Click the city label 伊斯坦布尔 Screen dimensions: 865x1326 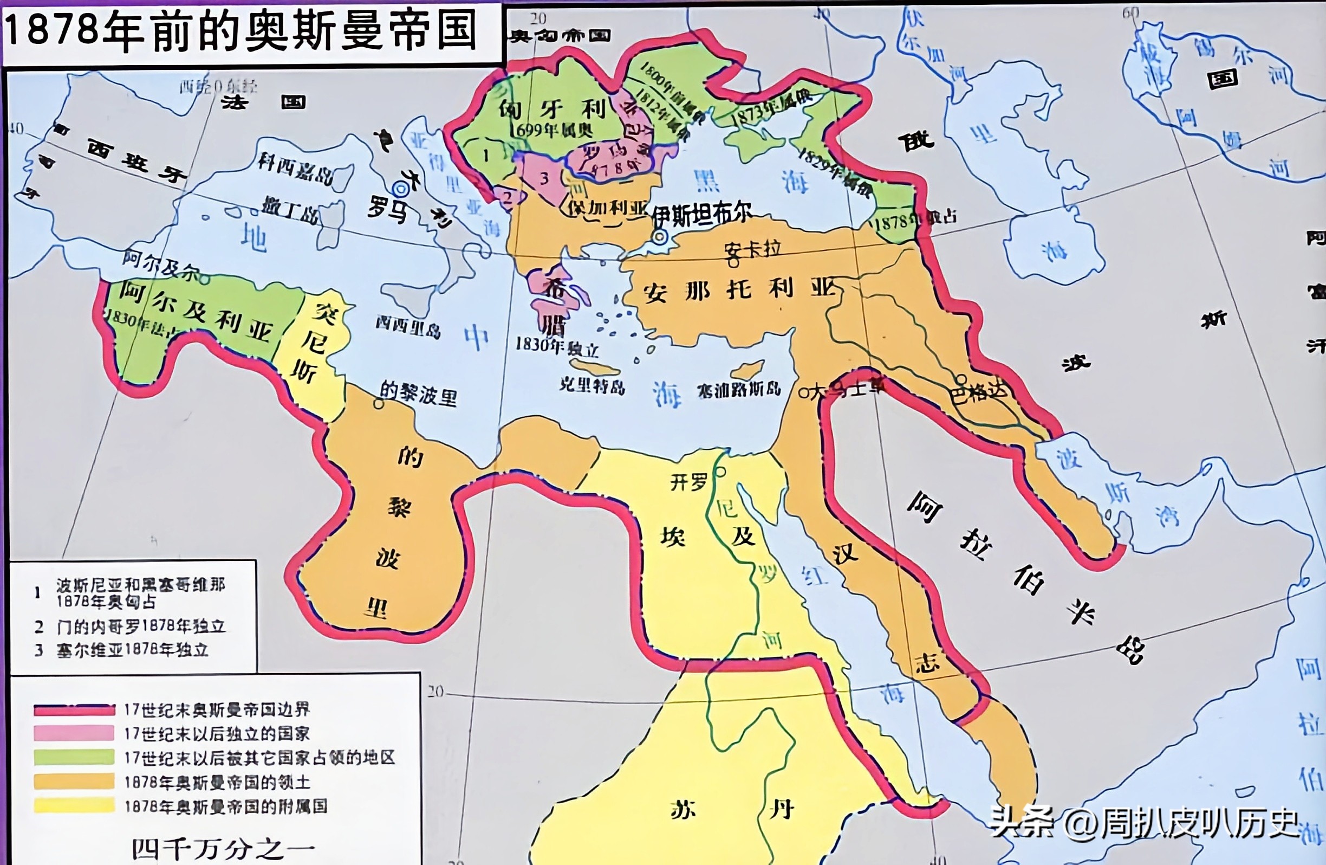(703, 214)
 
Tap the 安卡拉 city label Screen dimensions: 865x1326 (753, 249)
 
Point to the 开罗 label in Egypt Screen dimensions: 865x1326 (688, 481)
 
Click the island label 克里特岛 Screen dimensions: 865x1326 (591, 385)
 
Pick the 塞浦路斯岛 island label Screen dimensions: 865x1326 (739, 390)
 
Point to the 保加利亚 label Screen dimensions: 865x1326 (607, 209)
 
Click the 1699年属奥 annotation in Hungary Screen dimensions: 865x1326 (551, 130)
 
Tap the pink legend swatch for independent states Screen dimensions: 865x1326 (74, 733)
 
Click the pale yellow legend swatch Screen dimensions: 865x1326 (74, 806)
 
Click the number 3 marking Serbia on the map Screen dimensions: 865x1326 (544, 178)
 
